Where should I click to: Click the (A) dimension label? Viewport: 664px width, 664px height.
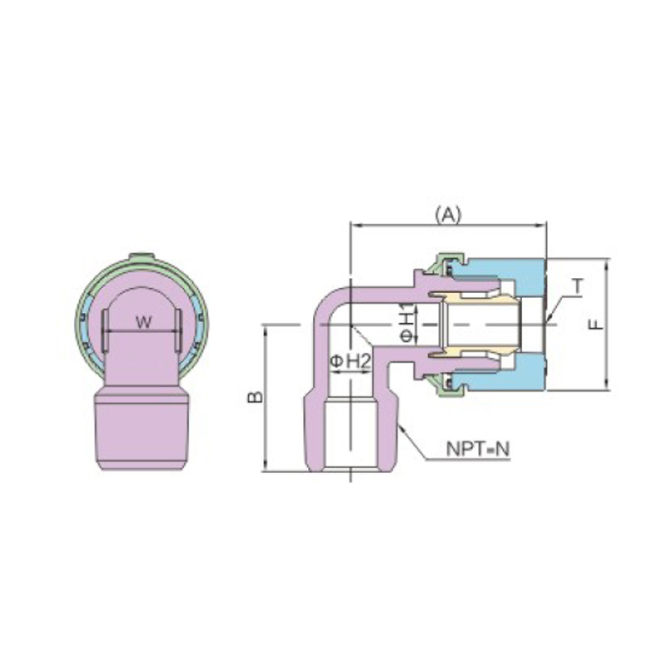coord(447,215)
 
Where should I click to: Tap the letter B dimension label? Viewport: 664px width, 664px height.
coord(256,397)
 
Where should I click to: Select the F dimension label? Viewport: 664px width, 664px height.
coord(596,324)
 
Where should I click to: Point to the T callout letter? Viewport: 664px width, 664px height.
coord(578,286)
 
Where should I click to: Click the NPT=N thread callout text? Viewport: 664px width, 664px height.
coord(478,449)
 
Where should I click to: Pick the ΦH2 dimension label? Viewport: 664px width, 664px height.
coord(350,361)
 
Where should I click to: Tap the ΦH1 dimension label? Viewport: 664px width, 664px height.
coord(407,322)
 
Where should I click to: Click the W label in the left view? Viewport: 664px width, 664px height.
coord(144,323)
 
